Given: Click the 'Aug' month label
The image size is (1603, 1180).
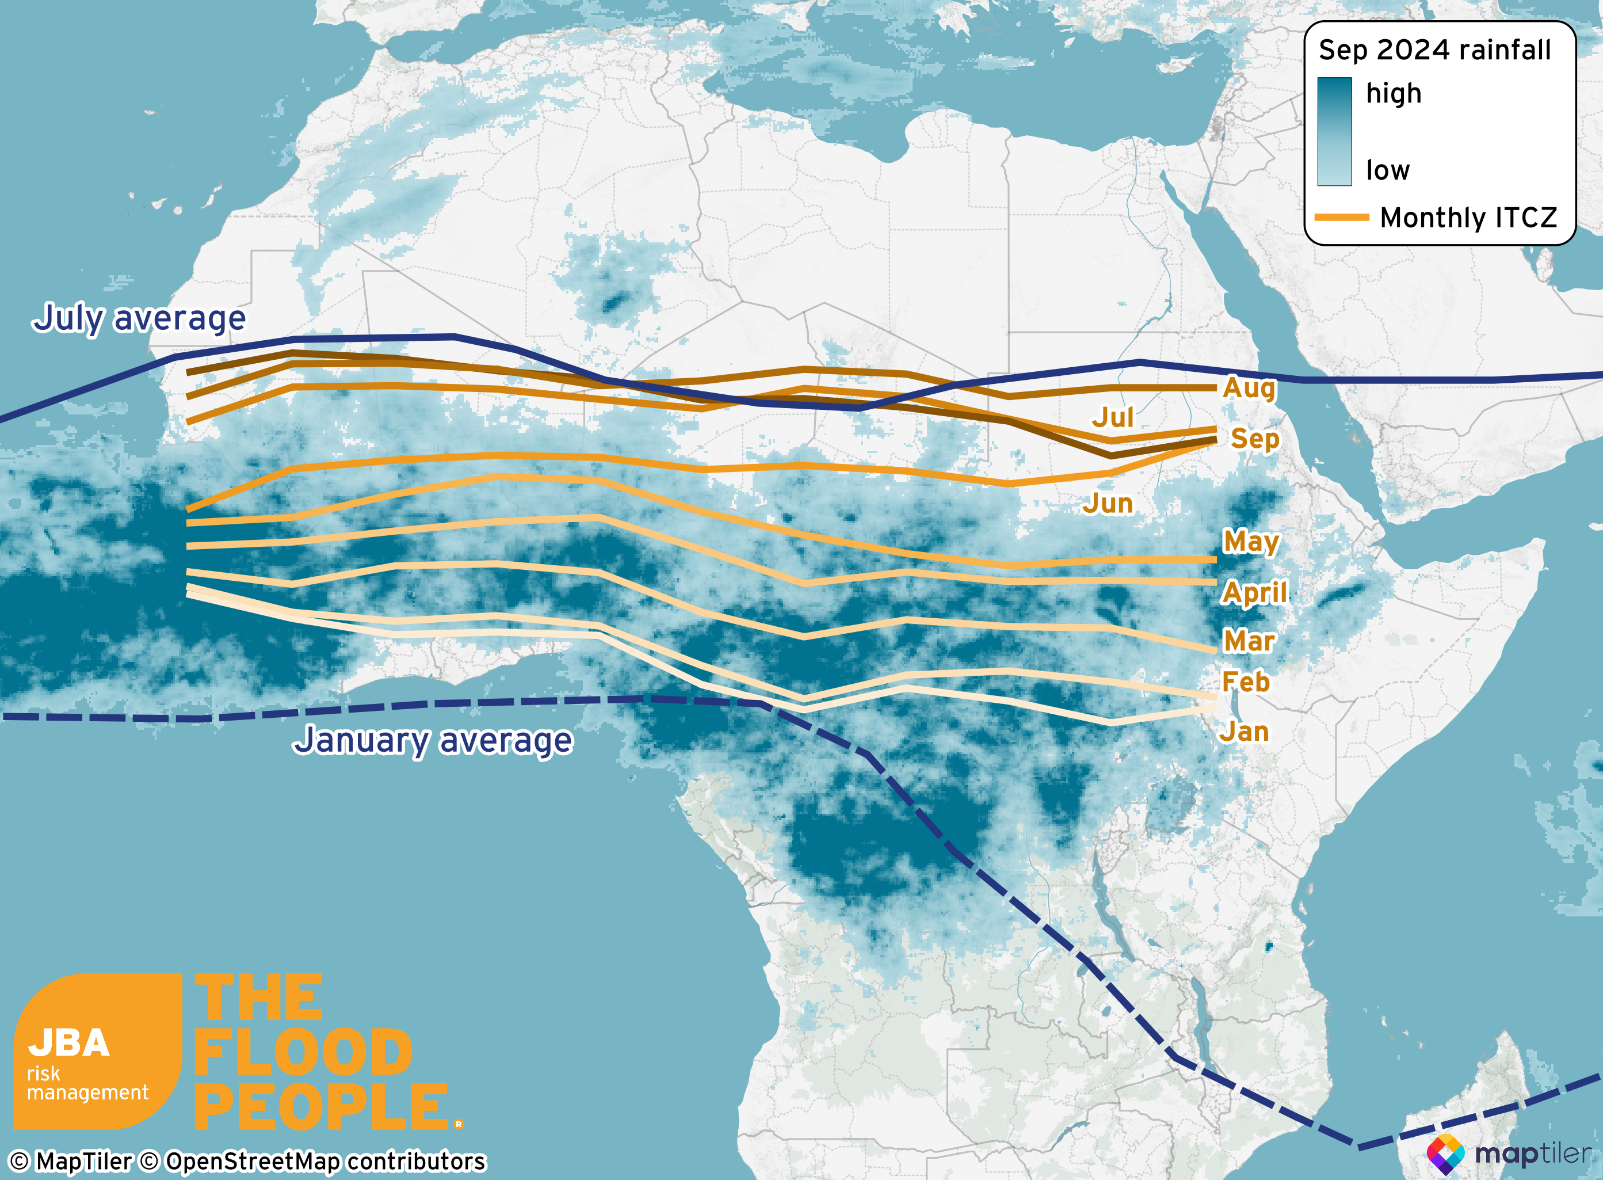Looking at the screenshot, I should pyautogui.click(x=1248, y=388).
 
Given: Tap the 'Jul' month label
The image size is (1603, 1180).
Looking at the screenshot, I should pyautogui.click(x=1112, y=417).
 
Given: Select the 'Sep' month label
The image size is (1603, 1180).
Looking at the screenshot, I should pyautogui.click(x=1254, y=439).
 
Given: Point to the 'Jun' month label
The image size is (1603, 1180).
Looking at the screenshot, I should pyautogui.click(x=1108, y=504).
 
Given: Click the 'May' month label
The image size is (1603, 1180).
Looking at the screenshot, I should pyautogui.click(x=1251, y=542).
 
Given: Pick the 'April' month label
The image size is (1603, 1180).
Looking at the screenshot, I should pyautogui.click(x=1254, y=592).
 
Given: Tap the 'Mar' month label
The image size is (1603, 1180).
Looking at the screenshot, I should pyautogui.click(x=1249, y=641).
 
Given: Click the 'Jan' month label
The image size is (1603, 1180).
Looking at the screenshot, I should pyautogui.click(x=1244, y=732).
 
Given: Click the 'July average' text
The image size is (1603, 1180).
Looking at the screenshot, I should pyautogui.click(x=139, y=318).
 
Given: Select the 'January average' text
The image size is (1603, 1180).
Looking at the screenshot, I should pyautogui.click(x=433, y=740).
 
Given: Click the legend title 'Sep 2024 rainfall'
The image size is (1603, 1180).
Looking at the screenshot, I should pyautogui.click(x=1434, y=50).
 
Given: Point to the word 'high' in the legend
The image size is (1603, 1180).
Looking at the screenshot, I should pyautogui.click(x=1393, y=94).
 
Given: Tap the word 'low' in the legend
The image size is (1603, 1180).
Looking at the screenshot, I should pyautogui.click(x=1387, y=170).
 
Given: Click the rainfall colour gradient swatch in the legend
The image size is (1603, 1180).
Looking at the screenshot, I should pyautogui.click(x=1334, y=131).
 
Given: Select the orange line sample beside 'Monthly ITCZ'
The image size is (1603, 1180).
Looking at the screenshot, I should pyautogui.click(x=1342, y=217).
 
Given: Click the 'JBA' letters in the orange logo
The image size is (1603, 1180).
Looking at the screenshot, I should pyautogui.click(x=68, y=1043).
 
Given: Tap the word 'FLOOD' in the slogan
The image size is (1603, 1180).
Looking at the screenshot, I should pyautogui.click(x=303, y=1052).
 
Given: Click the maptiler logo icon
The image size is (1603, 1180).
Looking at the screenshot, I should pyautogui.click(x=1445, y=1154).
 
